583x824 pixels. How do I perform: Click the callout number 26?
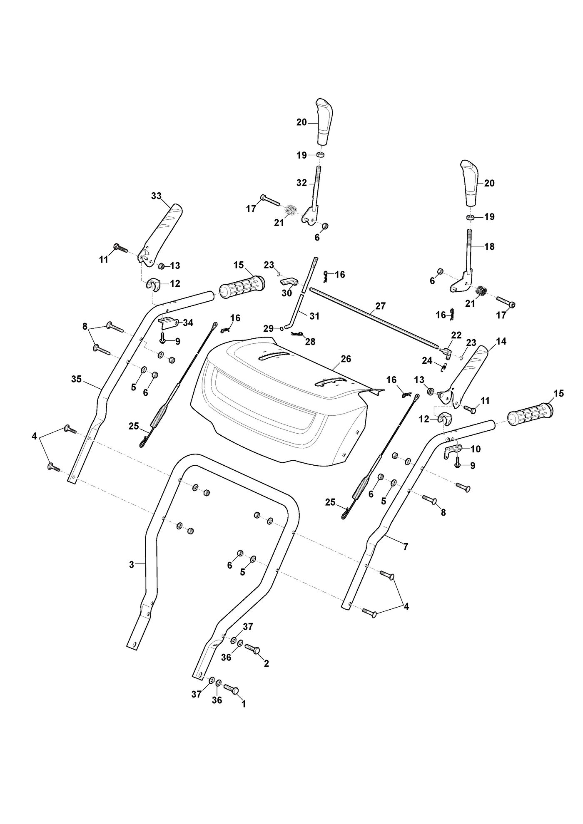point(346,359)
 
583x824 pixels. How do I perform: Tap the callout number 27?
point(381,306)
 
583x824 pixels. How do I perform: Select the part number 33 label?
point(156,196)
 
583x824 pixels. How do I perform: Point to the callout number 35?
point(76,379)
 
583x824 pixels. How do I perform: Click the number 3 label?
point(132,565)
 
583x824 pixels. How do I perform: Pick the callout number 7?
point(406,546)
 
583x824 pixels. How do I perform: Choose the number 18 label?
point(490,246)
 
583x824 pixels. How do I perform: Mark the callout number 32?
point(301,183)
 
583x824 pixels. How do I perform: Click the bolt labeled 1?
point(231,689)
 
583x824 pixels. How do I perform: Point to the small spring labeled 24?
point(444,367)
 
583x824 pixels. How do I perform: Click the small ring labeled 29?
point(282,328)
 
